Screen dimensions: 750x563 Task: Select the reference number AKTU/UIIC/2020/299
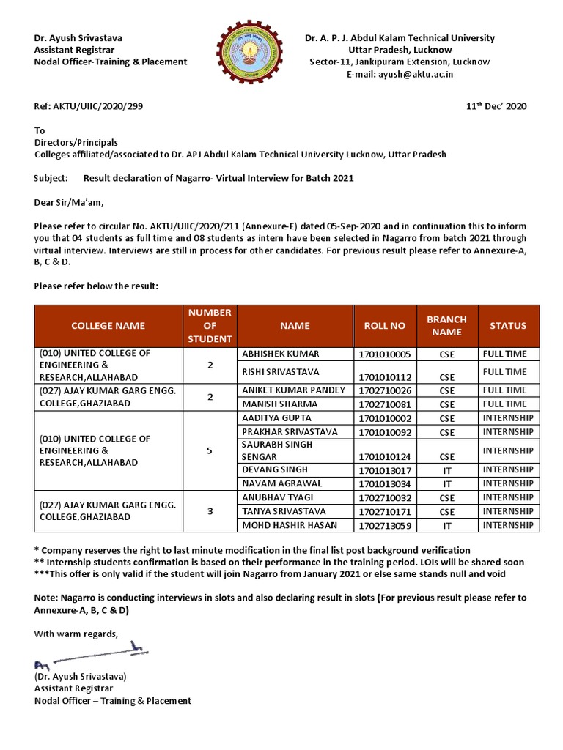(89, 106)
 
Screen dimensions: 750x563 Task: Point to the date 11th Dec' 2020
(496, 106)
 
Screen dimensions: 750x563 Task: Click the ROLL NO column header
(384, 326)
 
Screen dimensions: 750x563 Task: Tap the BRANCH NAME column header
(446, 326)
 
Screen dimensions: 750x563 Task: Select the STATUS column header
(508, 326)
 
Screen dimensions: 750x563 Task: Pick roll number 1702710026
(384, 390)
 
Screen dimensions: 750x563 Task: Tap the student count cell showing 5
(210, 451)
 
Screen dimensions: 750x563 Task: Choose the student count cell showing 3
(210, 511)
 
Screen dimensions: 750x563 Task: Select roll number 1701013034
(384, 484)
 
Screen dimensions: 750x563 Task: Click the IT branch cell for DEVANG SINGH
(446, 469)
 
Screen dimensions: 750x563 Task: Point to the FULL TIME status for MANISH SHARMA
(504, 404)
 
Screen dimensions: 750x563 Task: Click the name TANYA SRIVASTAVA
(284, 511)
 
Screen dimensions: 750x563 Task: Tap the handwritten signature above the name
(88, 653)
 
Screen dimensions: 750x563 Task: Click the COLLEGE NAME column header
(108, 326)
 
